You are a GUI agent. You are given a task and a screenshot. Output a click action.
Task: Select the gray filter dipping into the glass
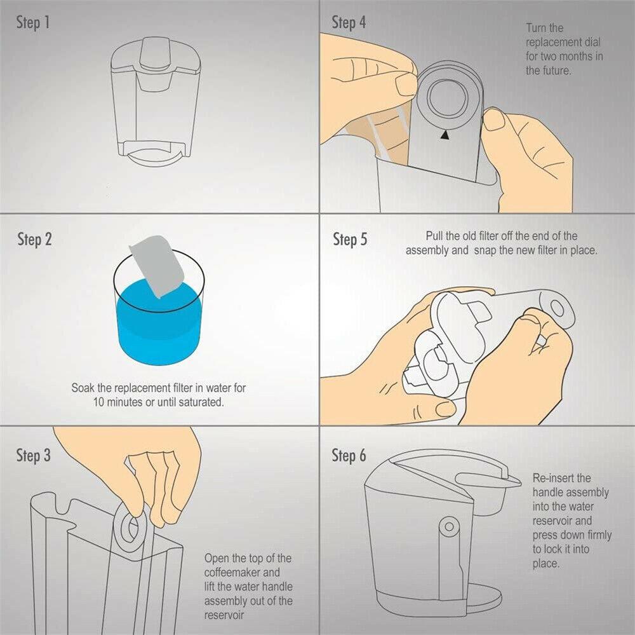pos(156,264)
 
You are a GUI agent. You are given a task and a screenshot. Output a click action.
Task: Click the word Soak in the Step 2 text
pos(83,388)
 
